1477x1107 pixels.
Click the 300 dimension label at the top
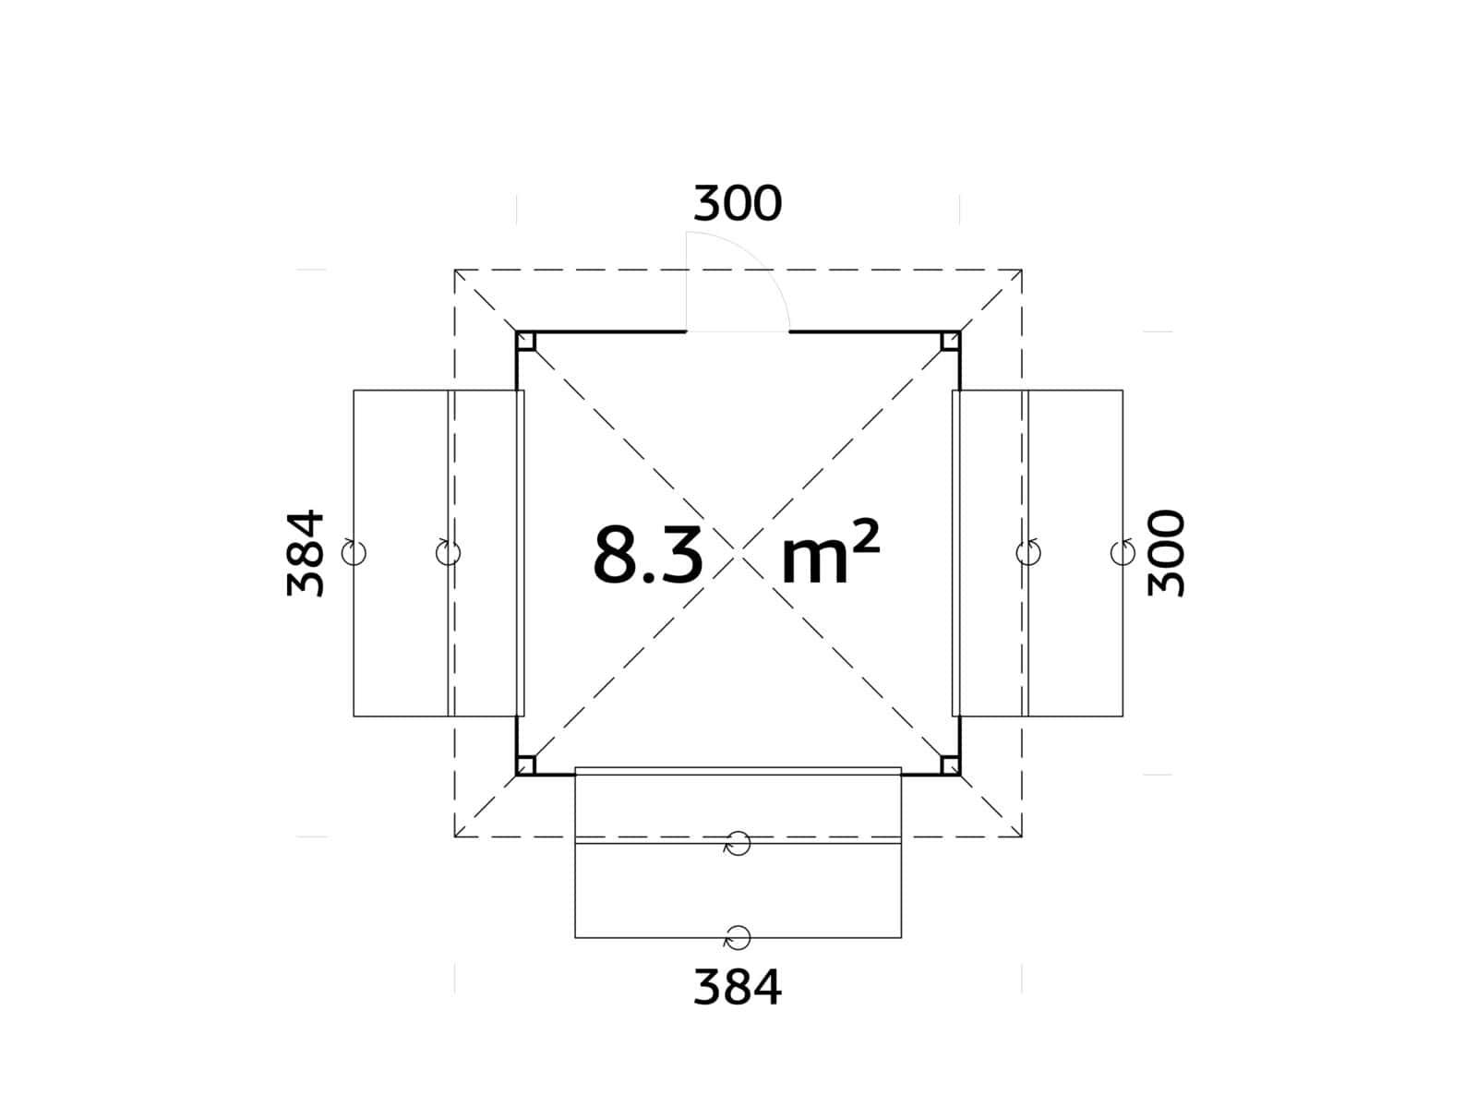point(738,203)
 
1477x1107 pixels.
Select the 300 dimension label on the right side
point(1166,553)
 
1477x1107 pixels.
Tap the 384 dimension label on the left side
point(306,553)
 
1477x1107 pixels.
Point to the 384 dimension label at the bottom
point(738,987)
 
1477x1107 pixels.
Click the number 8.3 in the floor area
point(648,555)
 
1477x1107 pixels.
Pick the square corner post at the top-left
point(525,341)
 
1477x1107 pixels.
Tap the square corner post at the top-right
point(950,341)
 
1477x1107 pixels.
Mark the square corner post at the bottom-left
point(525,765)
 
